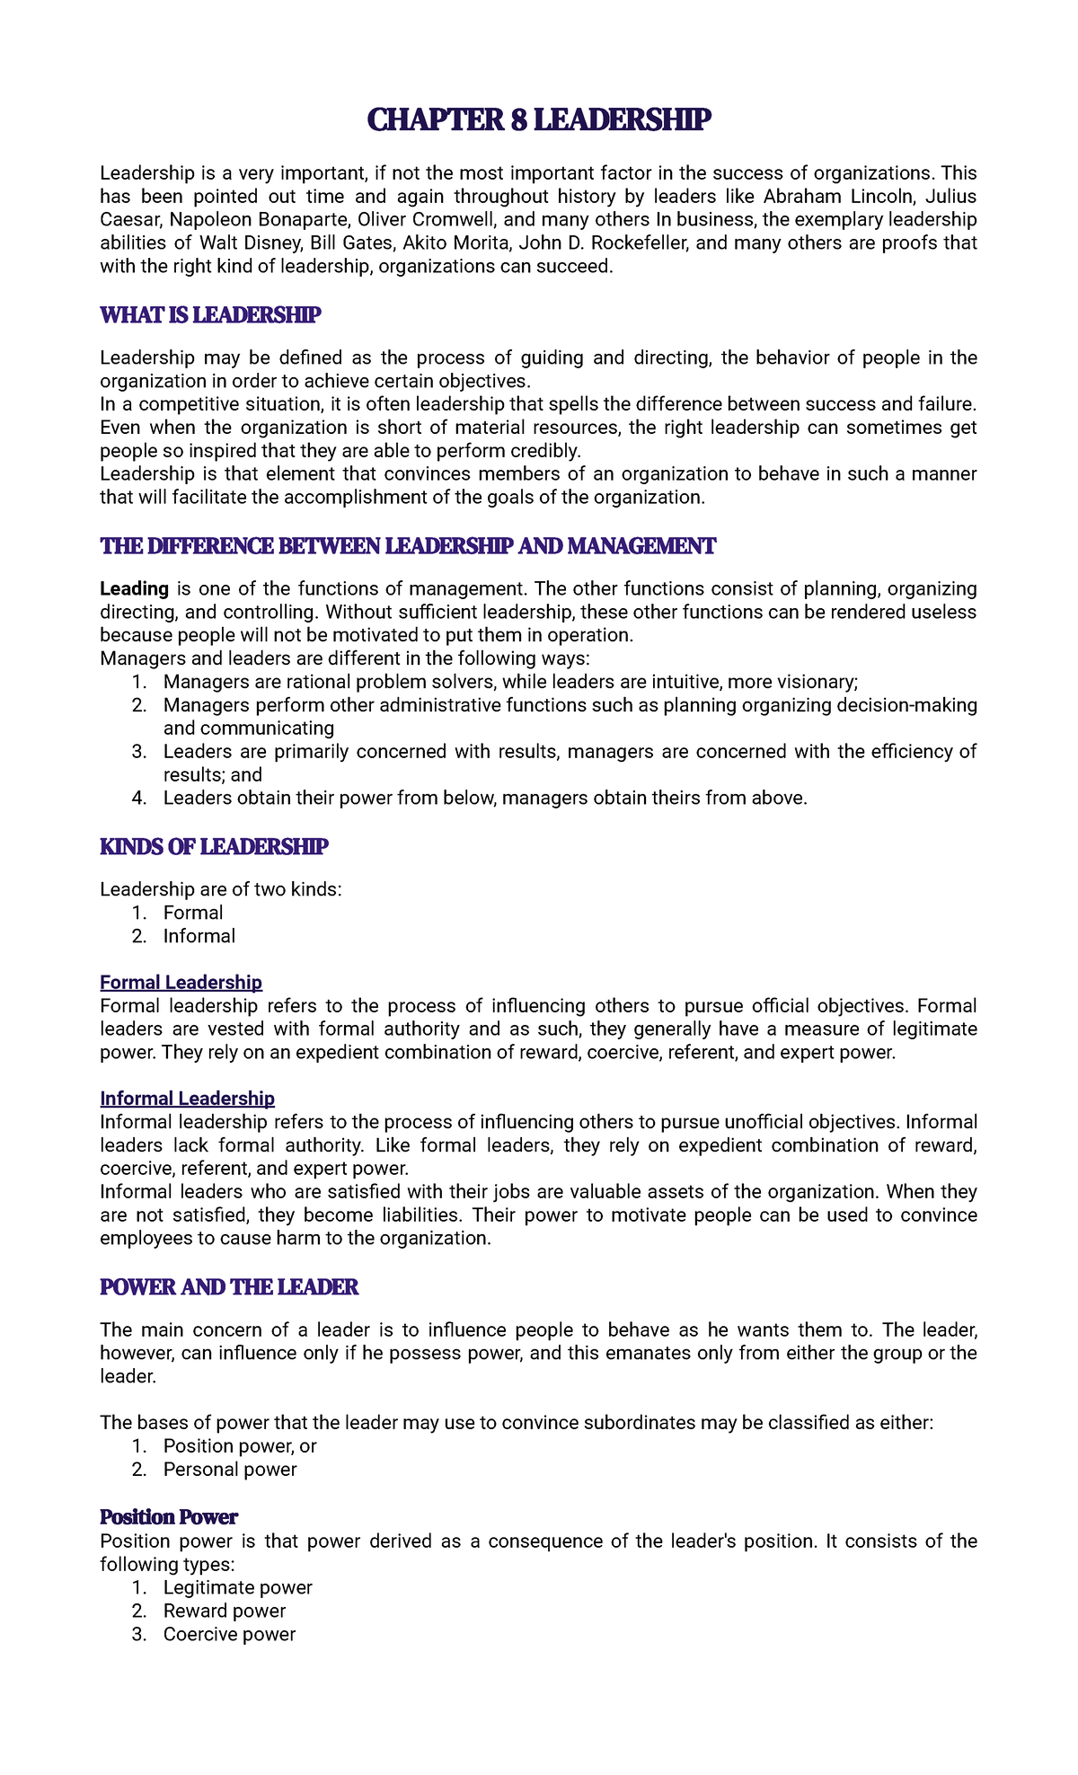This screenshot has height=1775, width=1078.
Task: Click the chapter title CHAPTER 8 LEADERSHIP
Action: (x=539, y=119)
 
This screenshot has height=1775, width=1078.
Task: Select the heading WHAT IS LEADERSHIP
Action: (x=210, y=314)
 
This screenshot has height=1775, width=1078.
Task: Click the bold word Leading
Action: (x=135, y=588)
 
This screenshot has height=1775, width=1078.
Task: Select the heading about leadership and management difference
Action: (x=408, y=546)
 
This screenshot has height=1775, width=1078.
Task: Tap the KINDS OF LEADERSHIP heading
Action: (x=214, y=846)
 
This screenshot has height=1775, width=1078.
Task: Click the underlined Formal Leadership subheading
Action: (x=181, y=982)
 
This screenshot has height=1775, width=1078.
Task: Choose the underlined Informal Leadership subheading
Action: (x=187, y=1098)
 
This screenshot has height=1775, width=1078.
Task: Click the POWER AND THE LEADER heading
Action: (x=229, y=1287)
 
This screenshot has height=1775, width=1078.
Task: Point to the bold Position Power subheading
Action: (x=169, y=1517)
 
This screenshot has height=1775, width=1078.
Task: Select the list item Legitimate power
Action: (x=237, y=1587)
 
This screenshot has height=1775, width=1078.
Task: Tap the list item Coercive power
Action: (x=229, y=1634)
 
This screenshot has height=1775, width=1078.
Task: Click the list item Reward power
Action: (x=225, y=1611)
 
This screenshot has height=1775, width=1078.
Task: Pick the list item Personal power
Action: (x=229, y=1470)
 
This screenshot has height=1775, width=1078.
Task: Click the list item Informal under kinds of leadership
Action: (x=199, y=936)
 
